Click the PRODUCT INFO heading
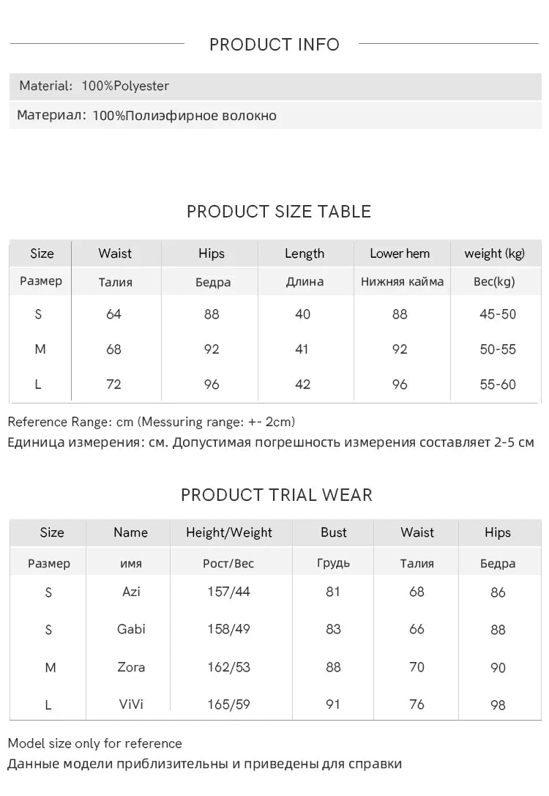[x=274, y=45]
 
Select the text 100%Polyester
[x=125, y=86]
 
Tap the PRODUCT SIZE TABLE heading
[x=278, y=212]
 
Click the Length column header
[x=305, y=254]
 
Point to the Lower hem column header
[x=400, y=254]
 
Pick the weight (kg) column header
[x=494, y=254]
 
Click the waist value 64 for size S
[x=113, y=314]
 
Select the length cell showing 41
[x=302, y=349]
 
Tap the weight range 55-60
[x=498, y=384]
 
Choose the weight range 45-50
[x=498, y=314]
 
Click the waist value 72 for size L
[x=113, y=384]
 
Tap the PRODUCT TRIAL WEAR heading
[x=276, y=495]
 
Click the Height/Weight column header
[x=229, y=533]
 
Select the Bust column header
[x=334, y=533]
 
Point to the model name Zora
[x=131, y=667]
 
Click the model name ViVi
[x=131, y=704]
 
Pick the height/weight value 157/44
[x=228, y=592]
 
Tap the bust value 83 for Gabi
[x=333, y=629]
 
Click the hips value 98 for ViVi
[x=498, y=705]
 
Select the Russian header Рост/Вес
[x=228, y=564]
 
